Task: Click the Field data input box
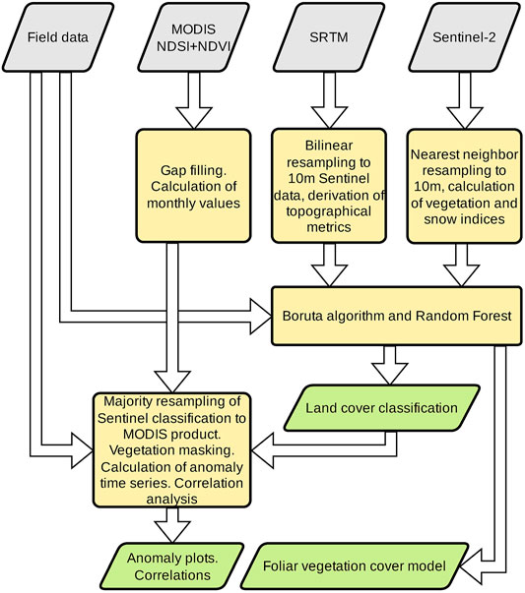(57, 37)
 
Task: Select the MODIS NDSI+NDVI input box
(193, 37)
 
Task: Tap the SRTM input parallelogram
(328, 37)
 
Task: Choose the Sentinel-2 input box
(464, 37)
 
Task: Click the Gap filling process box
(193, 186)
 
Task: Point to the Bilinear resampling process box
(328, 186)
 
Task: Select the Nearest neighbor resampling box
(464, 186)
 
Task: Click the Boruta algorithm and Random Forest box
(397, 316)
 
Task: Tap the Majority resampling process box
(171, 449)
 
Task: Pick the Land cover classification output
(381, 408)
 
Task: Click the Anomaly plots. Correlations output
(172, 566)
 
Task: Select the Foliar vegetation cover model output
(355, 566)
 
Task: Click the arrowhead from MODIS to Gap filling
(193, 118)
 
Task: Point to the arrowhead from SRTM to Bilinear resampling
(329, 118)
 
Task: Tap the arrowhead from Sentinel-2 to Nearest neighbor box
(464, 118)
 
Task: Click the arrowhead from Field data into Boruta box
(261, 316)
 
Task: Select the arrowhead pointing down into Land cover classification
(389, 375)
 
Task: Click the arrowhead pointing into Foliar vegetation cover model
(469, 566)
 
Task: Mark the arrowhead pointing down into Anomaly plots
(172, 532)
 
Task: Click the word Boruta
(302, 316)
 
